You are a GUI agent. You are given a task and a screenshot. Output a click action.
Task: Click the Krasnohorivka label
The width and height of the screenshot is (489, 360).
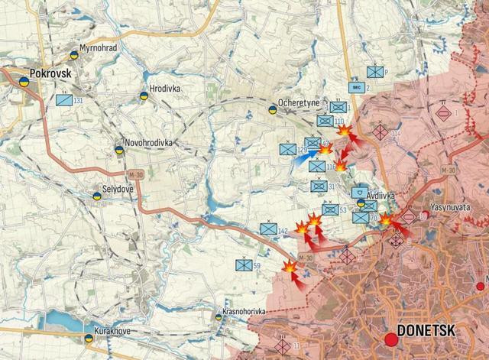[x=244, y=312]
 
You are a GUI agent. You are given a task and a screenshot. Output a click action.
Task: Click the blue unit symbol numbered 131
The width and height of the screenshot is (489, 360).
[x=63, y=99]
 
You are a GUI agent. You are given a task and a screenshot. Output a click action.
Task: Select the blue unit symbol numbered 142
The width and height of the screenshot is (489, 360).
[x=268, y=229]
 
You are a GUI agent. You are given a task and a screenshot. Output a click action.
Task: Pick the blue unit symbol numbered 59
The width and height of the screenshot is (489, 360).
[x=244, y=266]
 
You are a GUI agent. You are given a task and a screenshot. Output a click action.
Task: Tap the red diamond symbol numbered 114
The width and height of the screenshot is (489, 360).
[x=380, y=131]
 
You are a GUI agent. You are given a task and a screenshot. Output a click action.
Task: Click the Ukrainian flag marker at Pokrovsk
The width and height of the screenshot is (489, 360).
[x=24, y=80]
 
